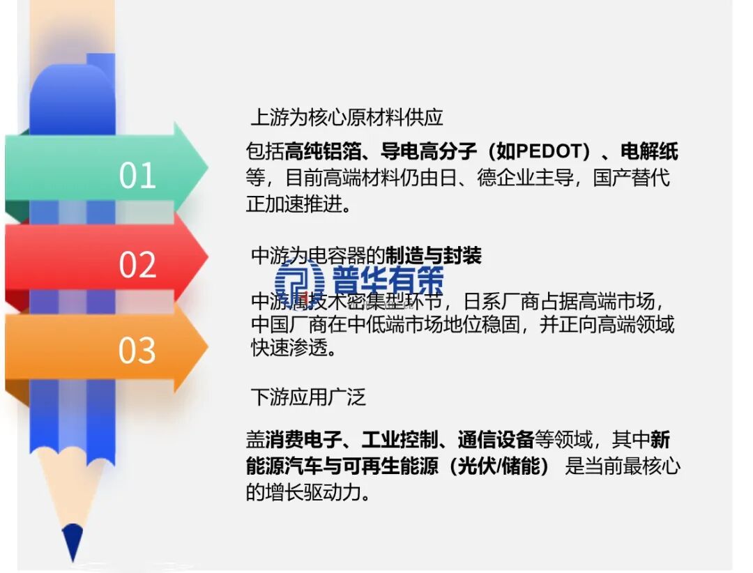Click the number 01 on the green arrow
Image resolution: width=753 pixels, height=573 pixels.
137,175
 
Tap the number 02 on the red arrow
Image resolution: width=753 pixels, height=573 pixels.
137,265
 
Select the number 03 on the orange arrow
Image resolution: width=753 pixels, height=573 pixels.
137,351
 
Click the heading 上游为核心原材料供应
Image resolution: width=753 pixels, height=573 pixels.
347,117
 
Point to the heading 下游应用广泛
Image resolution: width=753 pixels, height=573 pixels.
307,397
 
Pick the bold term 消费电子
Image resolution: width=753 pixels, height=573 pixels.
303,440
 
